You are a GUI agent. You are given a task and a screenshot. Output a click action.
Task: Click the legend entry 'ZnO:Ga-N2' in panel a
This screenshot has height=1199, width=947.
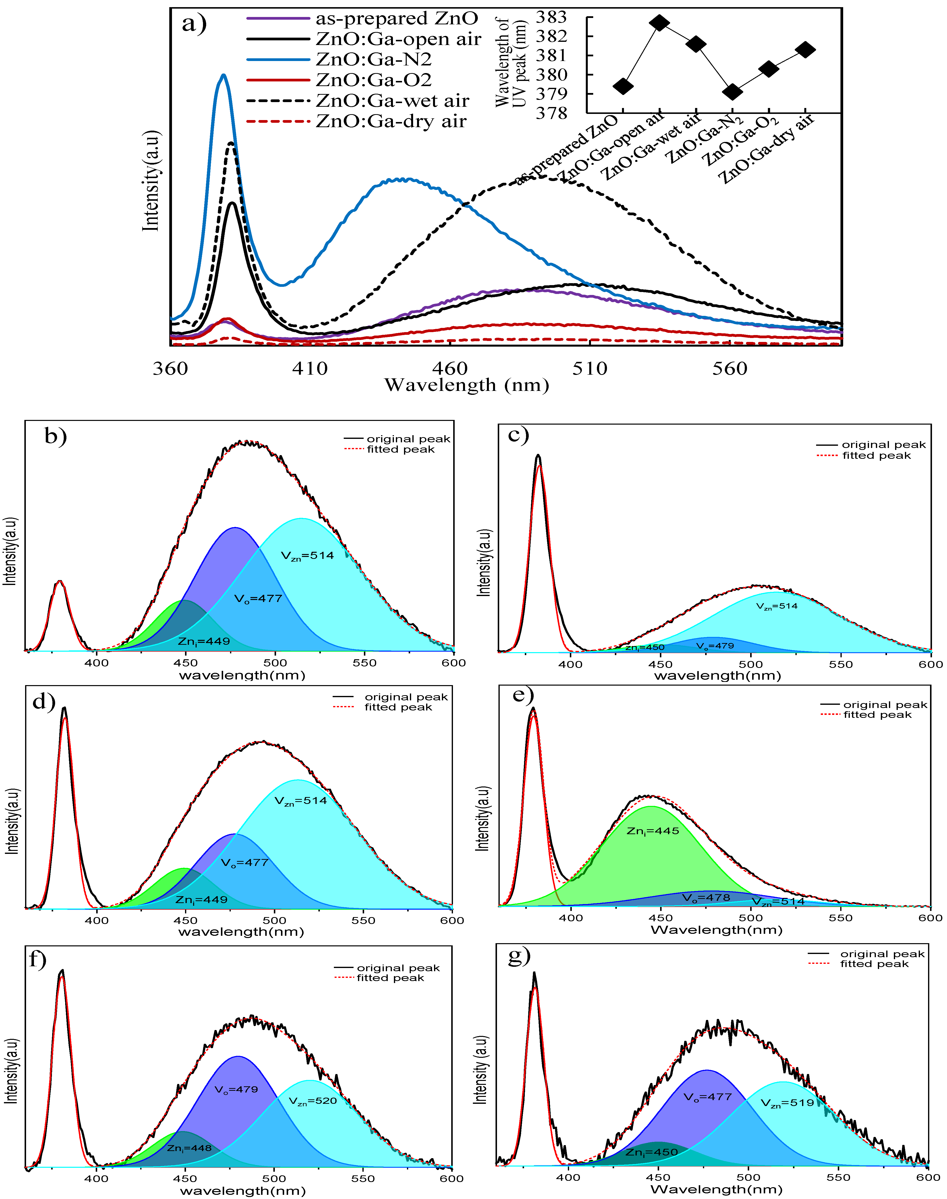click(x=373, y=59)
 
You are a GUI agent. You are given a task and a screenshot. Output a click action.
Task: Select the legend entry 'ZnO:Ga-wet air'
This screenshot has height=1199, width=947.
click(x=392, y=101)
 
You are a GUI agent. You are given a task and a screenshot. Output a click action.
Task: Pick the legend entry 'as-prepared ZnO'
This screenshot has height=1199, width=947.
click(x=396, y=18)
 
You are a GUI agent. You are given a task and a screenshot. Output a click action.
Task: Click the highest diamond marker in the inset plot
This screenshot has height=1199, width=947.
click(x=659, y=23)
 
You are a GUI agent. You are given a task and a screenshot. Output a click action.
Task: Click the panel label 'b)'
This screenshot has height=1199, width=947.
click(x=55, y=436)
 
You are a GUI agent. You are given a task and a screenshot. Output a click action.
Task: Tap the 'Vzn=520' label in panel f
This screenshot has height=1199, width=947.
click(x=313, y=1101)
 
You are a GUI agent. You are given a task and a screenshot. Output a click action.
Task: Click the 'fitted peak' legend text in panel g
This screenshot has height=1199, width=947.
click(x=874, y=964)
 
